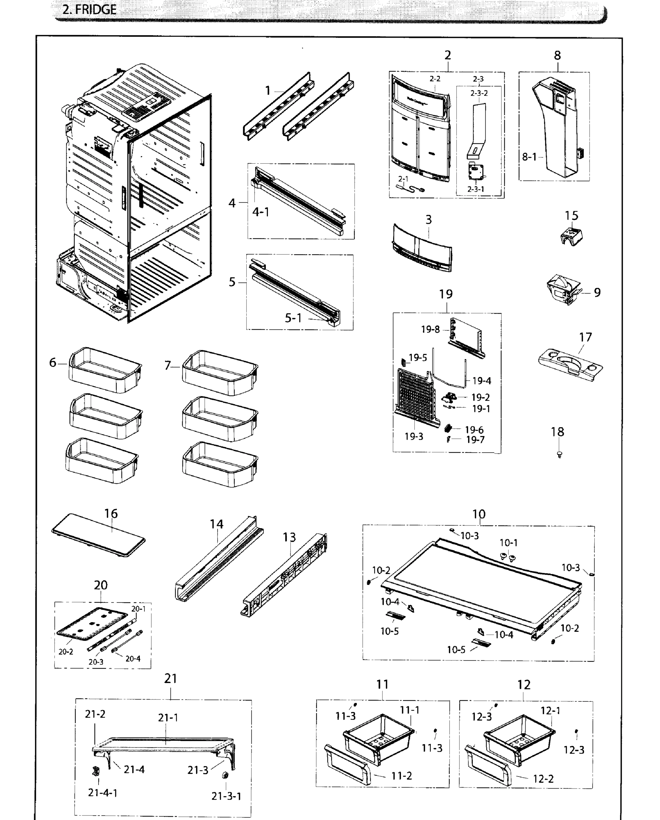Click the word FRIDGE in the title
pyautogui.click(x=95, y=9)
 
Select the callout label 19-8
pyautogui.click(x=430, y=329)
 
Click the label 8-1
pyautogui.click(x=529, y=156)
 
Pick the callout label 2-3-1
pyautogui.click(x=476, y=189)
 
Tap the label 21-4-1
pyautogui.click(x=102, y=793)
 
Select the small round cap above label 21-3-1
pyautogui.click(x=225, y=775)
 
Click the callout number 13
pyautogui.click(x=289, y=537)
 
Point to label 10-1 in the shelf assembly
pyautogui.click(x=508, y=543)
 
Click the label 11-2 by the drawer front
pyautogui.click(x=401, y=776)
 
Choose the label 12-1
pyautogui.click(x=550, y=710)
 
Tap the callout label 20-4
pyautogui.click(x=133, y=658)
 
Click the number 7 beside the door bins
pyautogui.click(x=168, y=365)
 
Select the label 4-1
pyautogui.click(x=261, y=212)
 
